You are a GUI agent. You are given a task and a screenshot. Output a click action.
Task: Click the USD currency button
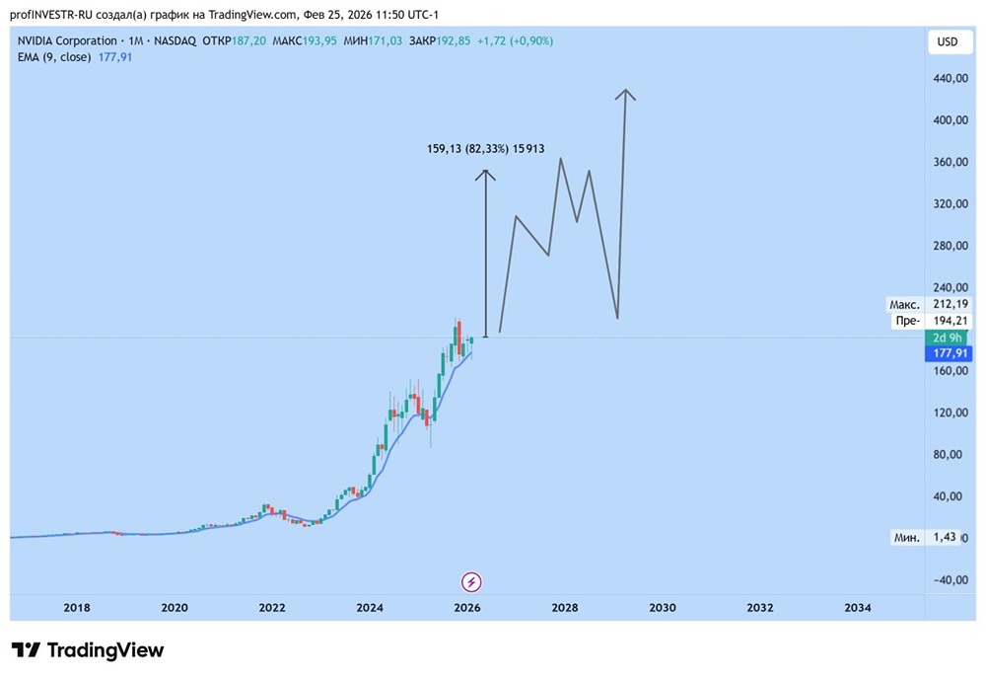pos(947,41)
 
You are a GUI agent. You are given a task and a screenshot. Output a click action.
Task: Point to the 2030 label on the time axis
pos(663,608)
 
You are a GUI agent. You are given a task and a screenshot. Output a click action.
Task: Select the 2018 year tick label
pos(77,608)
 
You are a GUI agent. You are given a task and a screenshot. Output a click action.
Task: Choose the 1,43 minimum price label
pos(946,537)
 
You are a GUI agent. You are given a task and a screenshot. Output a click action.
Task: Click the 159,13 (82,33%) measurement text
pos(468,149)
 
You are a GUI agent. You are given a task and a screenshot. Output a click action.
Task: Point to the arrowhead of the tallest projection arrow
pos(624,93)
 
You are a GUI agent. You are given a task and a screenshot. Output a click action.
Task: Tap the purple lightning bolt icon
pos(471,581)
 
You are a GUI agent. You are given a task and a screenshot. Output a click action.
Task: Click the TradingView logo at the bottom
pos(88,650)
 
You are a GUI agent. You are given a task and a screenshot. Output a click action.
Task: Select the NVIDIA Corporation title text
pos(65,40)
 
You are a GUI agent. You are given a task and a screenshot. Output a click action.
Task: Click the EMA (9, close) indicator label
pos(54,57)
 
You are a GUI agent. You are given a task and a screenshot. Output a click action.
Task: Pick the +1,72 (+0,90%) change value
pos(515,40)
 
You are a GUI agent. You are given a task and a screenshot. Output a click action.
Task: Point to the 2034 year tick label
pos(858,608)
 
